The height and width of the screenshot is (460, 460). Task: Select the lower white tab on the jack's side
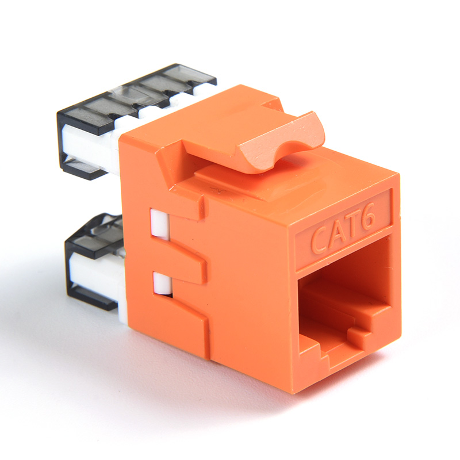(x=162, y=283)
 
